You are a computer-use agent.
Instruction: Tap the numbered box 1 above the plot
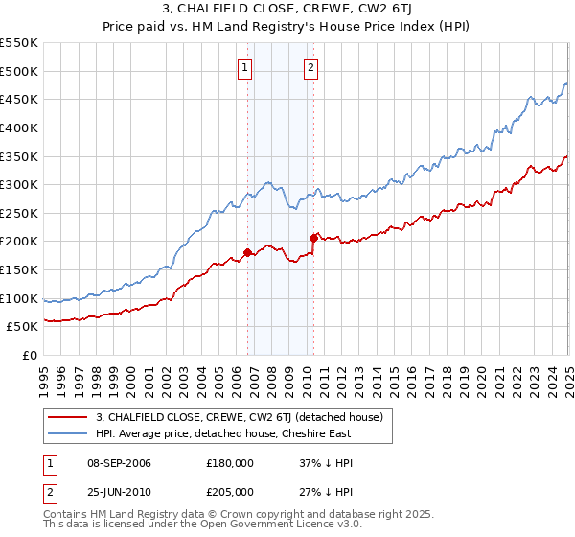click(246, 67)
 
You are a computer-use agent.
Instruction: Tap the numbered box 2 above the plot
click(312, 67)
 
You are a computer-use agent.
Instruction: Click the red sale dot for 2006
click(247, 253)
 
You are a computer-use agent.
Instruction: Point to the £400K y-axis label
click(20, 128)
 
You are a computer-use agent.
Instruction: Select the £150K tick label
click(20, 270)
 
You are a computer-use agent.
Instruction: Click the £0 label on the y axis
click(30, 356)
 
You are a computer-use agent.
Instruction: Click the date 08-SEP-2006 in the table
click(116, 463)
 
